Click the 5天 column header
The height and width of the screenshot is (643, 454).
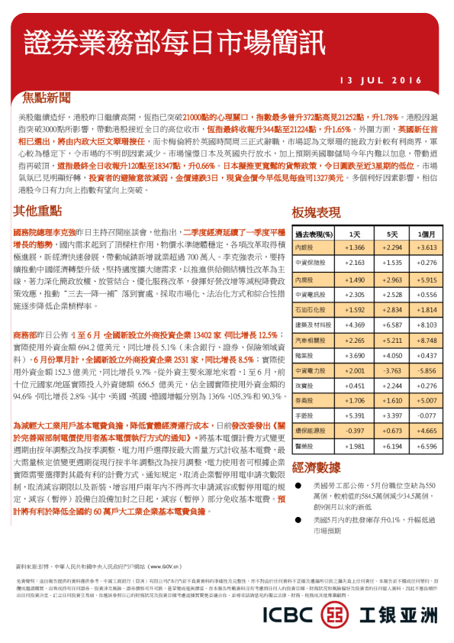(392, 234)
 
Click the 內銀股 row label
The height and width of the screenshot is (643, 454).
(304, 248)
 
